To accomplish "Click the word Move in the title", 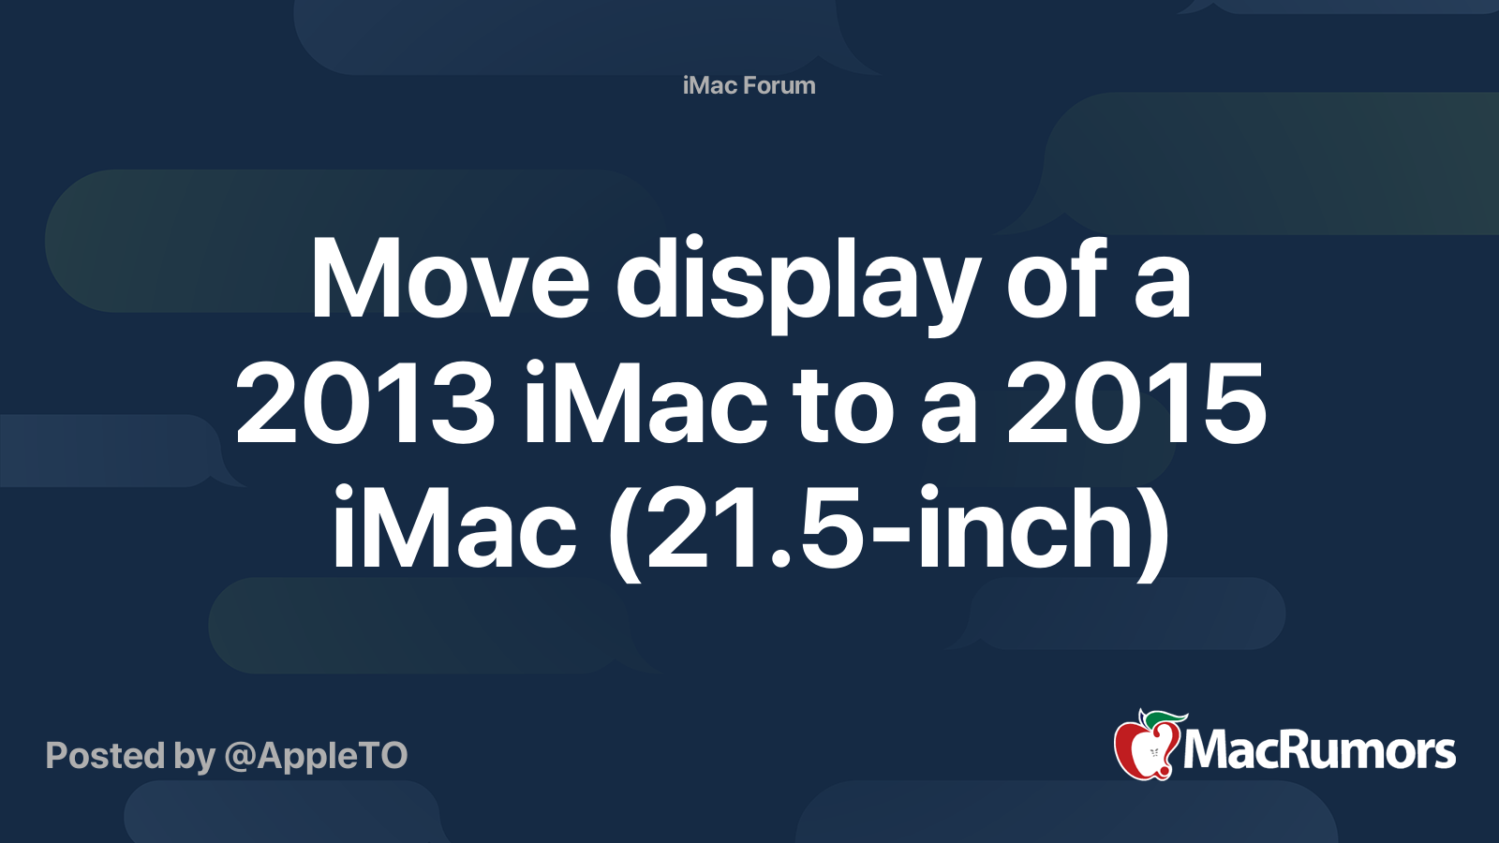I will point(450,279).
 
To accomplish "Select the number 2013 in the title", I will point(365,405).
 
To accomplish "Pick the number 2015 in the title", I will point(1136,405).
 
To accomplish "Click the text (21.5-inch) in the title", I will point(889,530).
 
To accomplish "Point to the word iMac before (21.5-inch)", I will point(454,528).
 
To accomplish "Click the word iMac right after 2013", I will point(646,405).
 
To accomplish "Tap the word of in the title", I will point(1057,279).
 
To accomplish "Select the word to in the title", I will point(843,407).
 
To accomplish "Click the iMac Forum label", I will point(749,85).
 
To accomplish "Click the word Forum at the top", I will point(779,85).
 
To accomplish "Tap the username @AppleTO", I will point(316,755).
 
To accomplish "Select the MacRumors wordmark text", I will point(1319,751).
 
